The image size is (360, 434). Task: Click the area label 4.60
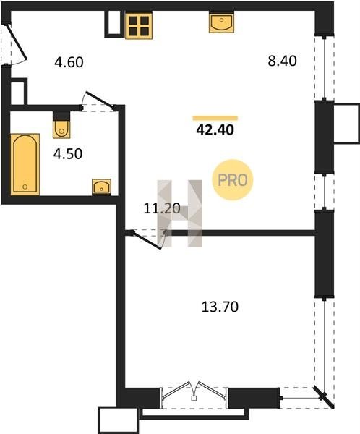pyautogui.click(x=69, y=62)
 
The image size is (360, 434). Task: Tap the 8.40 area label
pyautogui.click(x=282, y=61)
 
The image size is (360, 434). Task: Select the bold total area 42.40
pyautogui.click(x=215, y=129)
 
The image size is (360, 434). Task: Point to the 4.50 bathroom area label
pyautogui.click(x=68, y=154)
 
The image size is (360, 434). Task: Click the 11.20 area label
pyautogui.click(x=162, y=208)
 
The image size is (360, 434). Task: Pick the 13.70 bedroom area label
pyautogui.click(x=220, y=307)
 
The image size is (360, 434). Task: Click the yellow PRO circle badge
pyautogui.click(x=233, y=180)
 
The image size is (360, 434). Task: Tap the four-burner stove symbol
pyautogui.click(x=139, y=25)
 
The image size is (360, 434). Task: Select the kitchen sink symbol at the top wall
pyautogui.click(x=221, y=22)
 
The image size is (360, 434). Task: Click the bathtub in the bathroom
pyautogui.click(x=25, y=164)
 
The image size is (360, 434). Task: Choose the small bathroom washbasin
pyautogui.click(x=101, y=187)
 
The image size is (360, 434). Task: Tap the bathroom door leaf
pyautogui.click(x=99, y=99)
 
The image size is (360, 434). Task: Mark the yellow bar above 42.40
pyautogui.click(x=215, y=118)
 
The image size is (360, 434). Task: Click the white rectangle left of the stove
pyautogui.click(x=114, y=24)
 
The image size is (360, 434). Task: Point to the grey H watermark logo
pyautogui.click(x=180, y=213)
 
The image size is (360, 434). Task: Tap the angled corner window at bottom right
pyautogui.click(x=324, y=397)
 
